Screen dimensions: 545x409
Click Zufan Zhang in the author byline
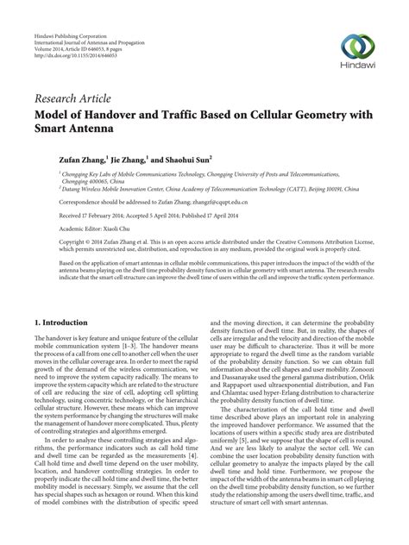(66, 160)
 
